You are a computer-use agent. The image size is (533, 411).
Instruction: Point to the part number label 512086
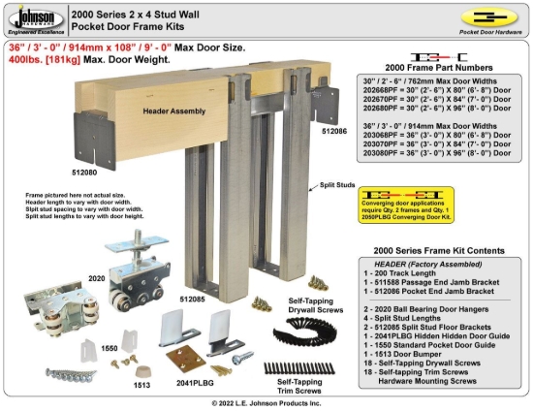click(x=332, y=129)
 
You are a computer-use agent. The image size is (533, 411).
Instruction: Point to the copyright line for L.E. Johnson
click(x=266, y=402)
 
